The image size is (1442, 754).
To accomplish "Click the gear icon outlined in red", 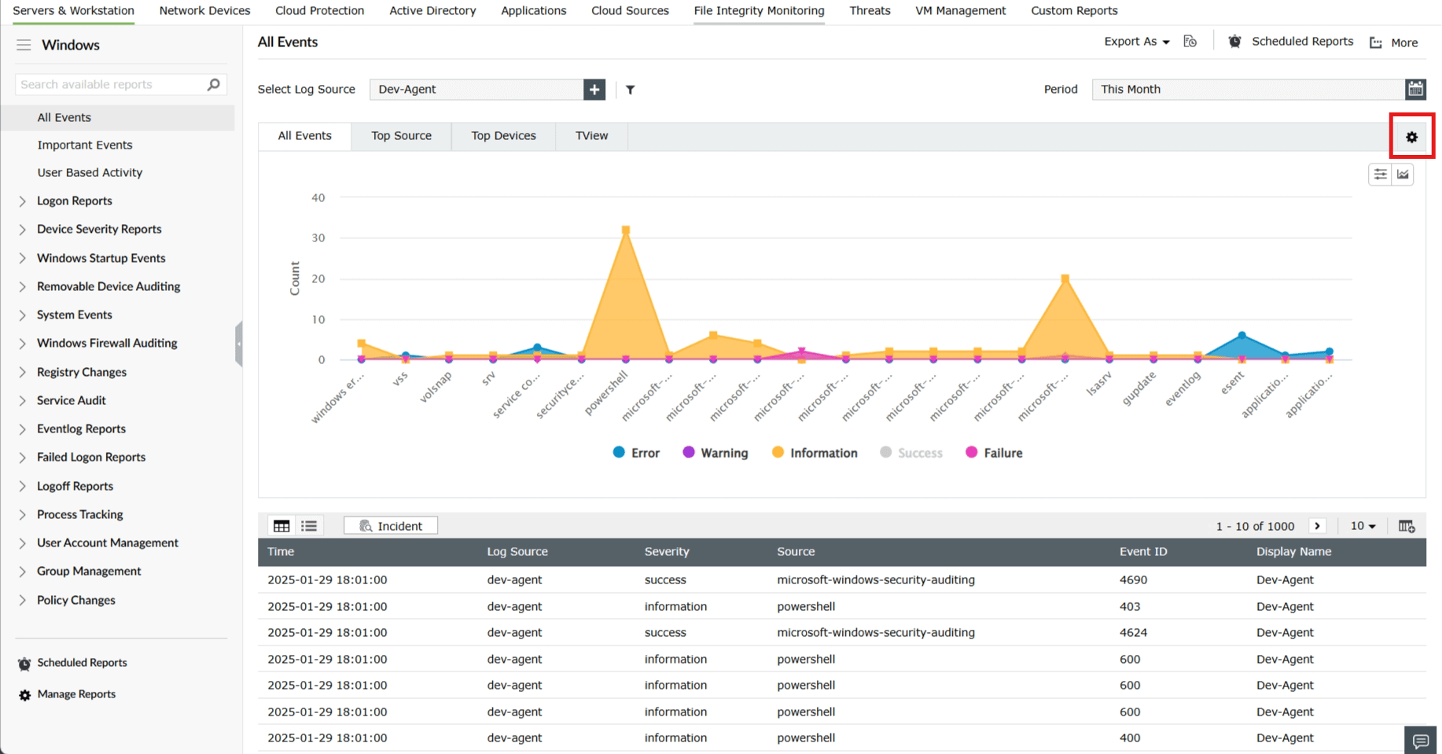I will click(x=1411, y=137).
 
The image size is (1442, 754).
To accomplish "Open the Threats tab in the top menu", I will click(x=870, y=11).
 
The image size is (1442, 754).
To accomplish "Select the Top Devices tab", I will click(x=503, y=135).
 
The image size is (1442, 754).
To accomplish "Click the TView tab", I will click(x=591, y=135).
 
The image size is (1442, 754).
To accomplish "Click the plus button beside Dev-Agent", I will click(x=594, y=90).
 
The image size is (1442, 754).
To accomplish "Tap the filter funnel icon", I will click(x=631, y=90).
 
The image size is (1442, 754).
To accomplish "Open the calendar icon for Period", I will click(x=1415, y=89).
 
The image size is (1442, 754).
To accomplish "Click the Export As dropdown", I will click(x=1136, y=42).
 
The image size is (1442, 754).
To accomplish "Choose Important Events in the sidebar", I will click(x=85, y=145).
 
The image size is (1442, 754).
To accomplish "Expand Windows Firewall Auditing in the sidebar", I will click(x=107, y=343).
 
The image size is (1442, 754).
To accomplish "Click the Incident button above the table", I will click(x=391, y=526).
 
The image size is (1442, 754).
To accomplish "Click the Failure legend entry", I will click(x=994, y=453).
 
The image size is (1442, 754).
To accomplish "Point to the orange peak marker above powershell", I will click(x=626, y=230).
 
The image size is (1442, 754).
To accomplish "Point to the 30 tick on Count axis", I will click(x=318, y=237).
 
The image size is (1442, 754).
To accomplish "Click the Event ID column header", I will click(x=1143, y=551).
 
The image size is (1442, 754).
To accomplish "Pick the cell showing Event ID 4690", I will click(x=1133, y=579).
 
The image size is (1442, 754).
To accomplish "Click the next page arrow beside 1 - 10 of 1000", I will click(x=1318, y=526).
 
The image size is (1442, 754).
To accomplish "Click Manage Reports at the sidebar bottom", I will click(x=76, y=694).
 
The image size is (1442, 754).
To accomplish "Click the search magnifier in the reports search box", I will click(x=213, y=84).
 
